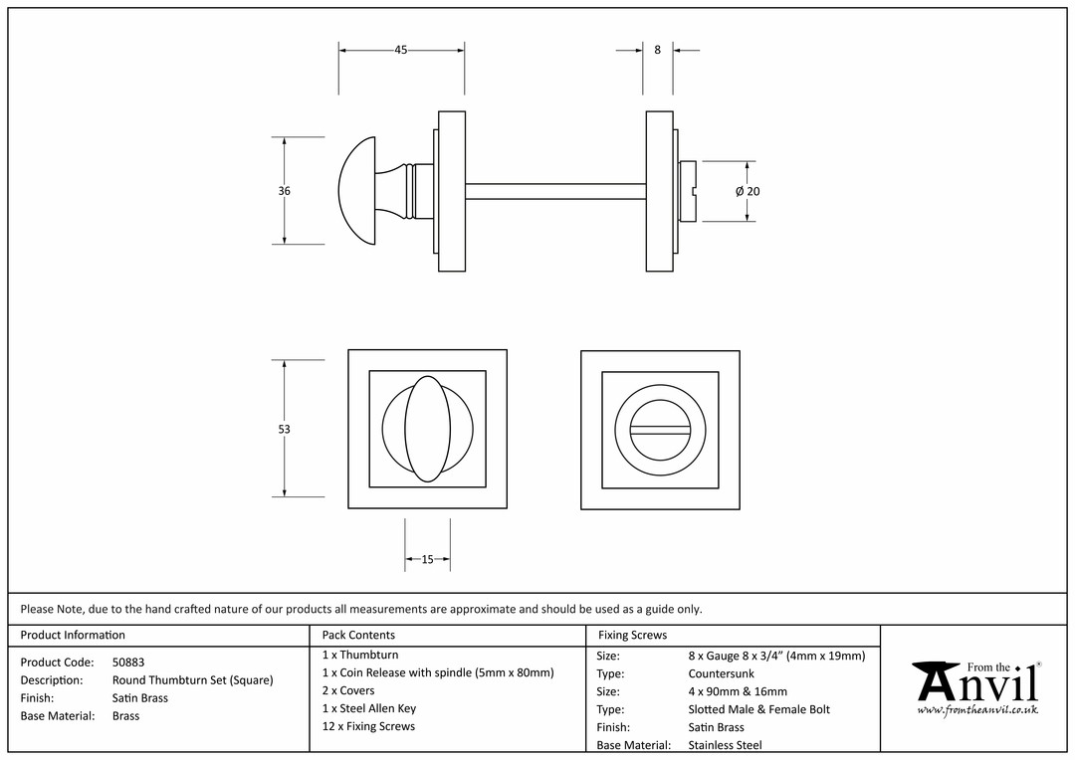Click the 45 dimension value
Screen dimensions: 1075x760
tap(401, 50)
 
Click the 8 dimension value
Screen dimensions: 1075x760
tap(658, 50)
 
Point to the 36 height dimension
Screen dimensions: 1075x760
tap(285, 191)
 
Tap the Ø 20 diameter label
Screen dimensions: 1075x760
tap(748, 192)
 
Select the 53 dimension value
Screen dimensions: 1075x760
tap(285, 429)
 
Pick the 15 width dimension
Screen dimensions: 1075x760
tap(427, 559)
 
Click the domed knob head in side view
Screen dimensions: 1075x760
tap(357, 191)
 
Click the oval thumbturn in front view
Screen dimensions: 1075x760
tap(428, 429)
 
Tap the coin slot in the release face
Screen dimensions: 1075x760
tap(660, 430)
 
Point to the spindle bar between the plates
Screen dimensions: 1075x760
tap(555, 191)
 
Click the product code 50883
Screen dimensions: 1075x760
tap(128, 662)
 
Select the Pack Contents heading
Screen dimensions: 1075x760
tap(358, 636)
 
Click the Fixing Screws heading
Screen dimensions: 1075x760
tap(632, 636)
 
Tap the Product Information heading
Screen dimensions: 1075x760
tap(73, 636)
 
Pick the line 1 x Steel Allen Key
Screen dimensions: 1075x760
tap(369, 708)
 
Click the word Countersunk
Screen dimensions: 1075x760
tap(722, 673)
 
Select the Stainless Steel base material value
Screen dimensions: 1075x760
tap(725, 745)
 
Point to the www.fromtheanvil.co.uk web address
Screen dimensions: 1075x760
tap(977, 710)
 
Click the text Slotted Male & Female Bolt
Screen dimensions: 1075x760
tap(758, 709)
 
